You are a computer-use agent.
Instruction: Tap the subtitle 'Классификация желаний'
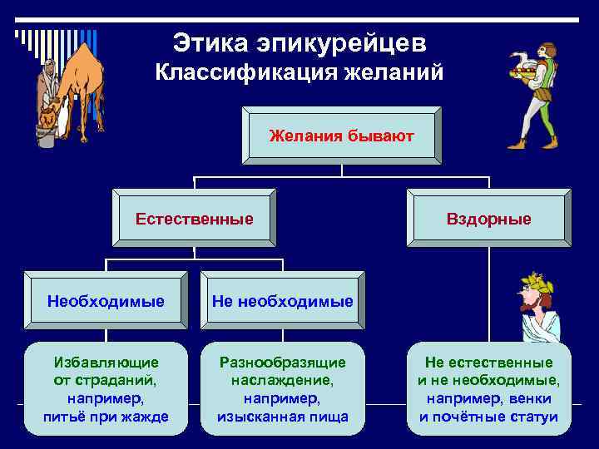pos(299,72)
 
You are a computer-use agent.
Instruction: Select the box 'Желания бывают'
pos(341,135)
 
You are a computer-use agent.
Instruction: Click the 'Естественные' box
pos(194,220)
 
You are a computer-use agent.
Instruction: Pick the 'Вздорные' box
pos(488,220)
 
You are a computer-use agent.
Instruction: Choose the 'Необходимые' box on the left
pos(105,300)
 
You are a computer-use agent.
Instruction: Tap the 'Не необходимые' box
pos(282,300)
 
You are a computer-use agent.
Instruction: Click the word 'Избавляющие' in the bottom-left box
pos(106,363)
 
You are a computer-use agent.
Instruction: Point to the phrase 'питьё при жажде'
pos(106,417)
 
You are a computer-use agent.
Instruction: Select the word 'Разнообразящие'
pos(282,363)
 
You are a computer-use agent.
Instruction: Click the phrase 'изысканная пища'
pos(282,417)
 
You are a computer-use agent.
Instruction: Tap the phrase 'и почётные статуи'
pos(488,417)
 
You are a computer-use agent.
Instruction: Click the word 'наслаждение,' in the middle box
pos(282,381)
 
